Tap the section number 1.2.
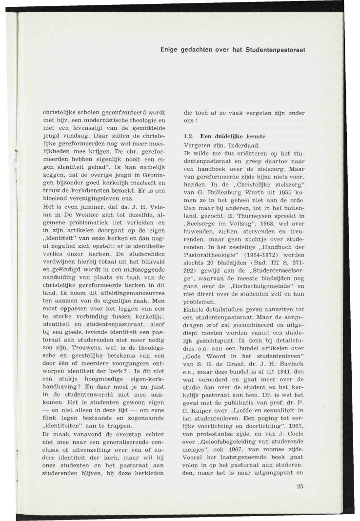click(x=186, y=136)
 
